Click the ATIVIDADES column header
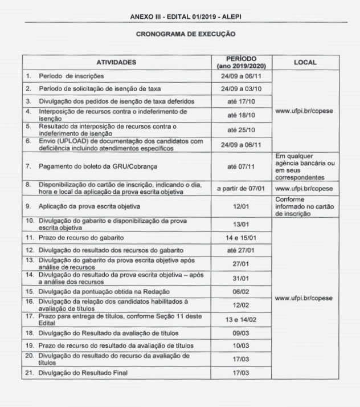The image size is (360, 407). (116, 62)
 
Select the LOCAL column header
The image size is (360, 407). (305, 62)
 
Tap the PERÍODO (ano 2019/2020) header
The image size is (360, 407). (241, 62)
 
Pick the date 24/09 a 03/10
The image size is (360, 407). (241, 89)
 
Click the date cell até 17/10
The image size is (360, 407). (241, 101)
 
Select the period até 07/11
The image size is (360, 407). (241, 167)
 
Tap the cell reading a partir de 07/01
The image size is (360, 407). (241, 188)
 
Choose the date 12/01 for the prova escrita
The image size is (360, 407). (241, 206)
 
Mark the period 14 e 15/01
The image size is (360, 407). (241, 237)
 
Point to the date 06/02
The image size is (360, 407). (241, 291)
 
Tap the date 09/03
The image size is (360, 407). (241, 332)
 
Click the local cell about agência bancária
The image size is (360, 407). (305, 166)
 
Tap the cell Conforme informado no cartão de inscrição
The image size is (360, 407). (305, 206)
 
